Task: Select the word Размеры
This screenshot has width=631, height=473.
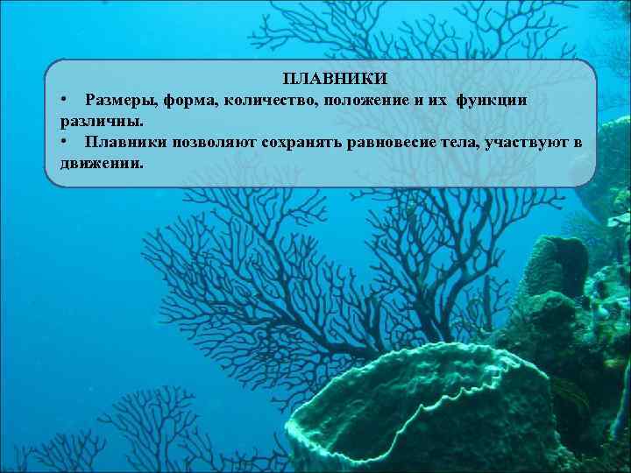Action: pyautogui.click(x=117, y=100)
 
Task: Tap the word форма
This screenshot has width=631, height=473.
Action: pyautogui.click(x=185, y=100)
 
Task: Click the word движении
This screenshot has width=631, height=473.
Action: pyautogui.click(x=99, y=163)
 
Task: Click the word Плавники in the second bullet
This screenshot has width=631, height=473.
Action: pyautogui.click(x=125, y=142)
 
